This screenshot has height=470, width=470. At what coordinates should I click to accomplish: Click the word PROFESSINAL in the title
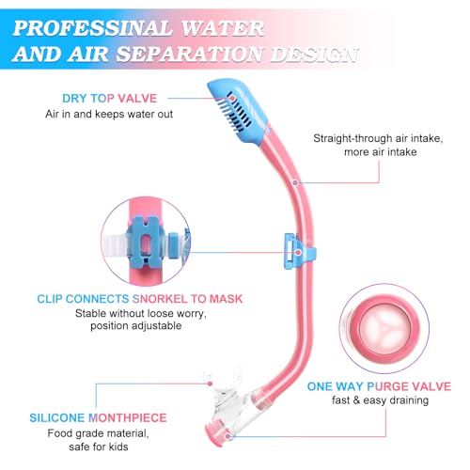pyautogui.click(x=93, y=28)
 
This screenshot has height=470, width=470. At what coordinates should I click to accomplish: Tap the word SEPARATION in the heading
pyautogui.click(x=189, y=54)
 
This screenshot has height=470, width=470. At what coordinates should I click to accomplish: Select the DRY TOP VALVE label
pyautogui.click(x=109, y=99)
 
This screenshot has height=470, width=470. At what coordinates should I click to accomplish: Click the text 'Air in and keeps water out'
pyautogui.click(x=109, y=114)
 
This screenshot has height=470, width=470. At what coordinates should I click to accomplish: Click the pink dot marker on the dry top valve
pyautogui.click(x=232, y=98)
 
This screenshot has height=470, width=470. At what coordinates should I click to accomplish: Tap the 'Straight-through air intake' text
pyautogui.click(x=378, y=138)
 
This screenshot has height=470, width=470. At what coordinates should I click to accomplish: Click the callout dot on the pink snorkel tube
pyautogui.click(x=295, y=182)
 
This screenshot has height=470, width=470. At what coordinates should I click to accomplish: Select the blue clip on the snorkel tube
pyautogui.click(x=299, y=251)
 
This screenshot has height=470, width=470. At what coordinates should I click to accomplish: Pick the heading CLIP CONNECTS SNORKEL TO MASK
pyautogui.click(x=140, y=299)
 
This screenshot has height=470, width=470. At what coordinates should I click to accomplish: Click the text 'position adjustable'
pyautogui.click(x=136, y=326)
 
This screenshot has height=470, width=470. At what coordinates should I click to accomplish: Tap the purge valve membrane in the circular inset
pyautogui.click(x=384, y=328)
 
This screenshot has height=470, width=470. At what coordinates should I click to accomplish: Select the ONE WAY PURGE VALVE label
pyautogui.click(x=379, y=386)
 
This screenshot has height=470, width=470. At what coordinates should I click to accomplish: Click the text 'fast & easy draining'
pyautogui.click(x=380, y=400)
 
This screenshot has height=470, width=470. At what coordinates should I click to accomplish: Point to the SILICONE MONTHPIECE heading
pyautogui.click(x=98, y=417)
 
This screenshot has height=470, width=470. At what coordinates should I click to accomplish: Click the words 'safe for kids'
pyautogui.click(x=99, y=446)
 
